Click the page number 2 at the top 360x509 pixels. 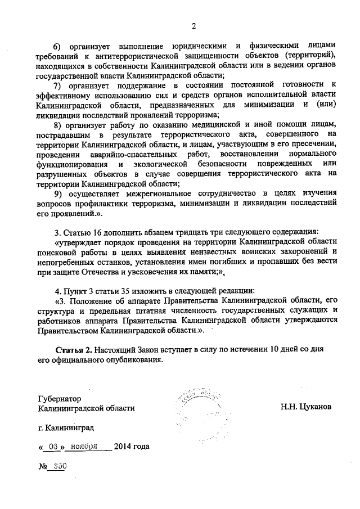[192, 25]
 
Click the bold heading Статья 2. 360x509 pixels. [74, 350]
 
